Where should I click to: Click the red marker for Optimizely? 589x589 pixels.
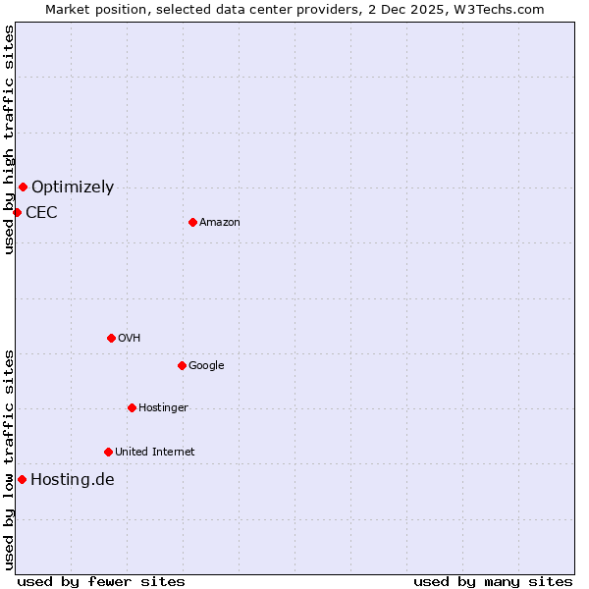pyautogui.click(x=23, y=187)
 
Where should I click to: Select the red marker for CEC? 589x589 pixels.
pyautogui.click(x=17, y=212)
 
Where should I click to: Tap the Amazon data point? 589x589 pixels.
pyautogui.click(x=192, y=222)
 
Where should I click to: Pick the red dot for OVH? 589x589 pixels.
pyautogui.click(x=111, y=338)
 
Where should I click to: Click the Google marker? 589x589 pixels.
pyautogui.click(x=182, y=365)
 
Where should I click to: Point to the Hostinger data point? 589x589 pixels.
pyautogui.click(x=132, y=407)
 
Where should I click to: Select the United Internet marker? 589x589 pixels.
pyautogui.click(x=108, y=452)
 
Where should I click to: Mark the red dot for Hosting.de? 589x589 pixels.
pyautogui.click(x=22, y=479)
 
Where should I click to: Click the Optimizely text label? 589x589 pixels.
pyautogui.click(x=73, y=187)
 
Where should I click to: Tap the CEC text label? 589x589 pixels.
pyautogui.click(x=41, y=212)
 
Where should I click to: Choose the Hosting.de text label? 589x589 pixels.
pyautogui.click(x=73, y=479)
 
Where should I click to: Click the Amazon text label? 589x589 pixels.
pyautogui.click(x=220, y=222)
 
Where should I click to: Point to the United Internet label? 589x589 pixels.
pyautogui.click(x=155, y=452)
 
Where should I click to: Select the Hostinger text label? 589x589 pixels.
pyautogui.click(x=163, y=407)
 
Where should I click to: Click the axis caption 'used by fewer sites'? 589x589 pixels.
pyautogui.click(x=101, y=581)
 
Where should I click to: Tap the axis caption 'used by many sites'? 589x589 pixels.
pyautogui.click(x=493, y=581)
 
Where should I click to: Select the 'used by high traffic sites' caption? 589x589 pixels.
pyautogui.click(x=9, y=139)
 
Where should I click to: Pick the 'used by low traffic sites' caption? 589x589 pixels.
pyautogui.click(x=9, y=459)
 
